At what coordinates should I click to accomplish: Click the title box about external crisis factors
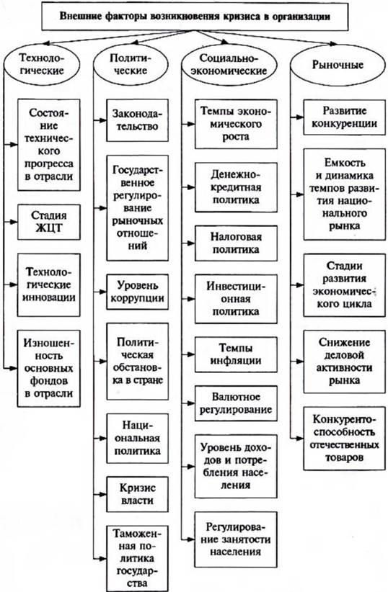pos(195,17)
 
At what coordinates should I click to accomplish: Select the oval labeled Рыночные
pos(338,65)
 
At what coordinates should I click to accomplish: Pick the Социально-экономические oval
pos(229,65)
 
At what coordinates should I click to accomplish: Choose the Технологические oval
pos(42,65)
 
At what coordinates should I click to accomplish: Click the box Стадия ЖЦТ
pos(49,222)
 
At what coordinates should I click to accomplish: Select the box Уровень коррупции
pos(137,292)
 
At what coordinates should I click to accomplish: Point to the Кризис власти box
pos(137,494)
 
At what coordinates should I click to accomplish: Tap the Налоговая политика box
pos(236,243)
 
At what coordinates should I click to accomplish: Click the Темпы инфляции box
pos(236,354)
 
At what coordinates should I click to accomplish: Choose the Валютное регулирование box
pos(236,403)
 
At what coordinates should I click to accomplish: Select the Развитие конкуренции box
pos(345,117)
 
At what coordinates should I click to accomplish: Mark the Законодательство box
pos(137,120)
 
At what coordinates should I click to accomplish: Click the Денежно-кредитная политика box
pos(236,187)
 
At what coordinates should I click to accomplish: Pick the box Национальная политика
pos(137,439)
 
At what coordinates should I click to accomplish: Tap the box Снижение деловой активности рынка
pos(345,362)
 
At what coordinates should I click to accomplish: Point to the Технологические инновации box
pos(49,285)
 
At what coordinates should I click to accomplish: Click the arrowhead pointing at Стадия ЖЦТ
pos(14,222)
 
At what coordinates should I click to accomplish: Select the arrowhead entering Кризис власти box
pos(102,494)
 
